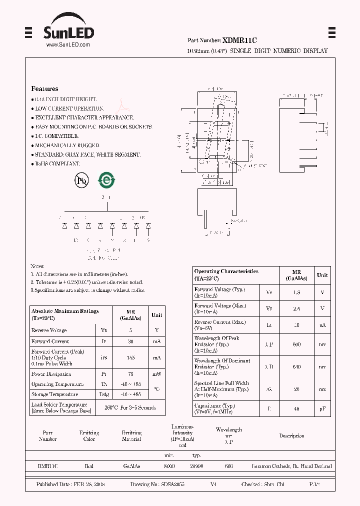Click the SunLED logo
pos(67,30)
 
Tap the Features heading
pos(44,88)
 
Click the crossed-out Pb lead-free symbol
pos(81,180)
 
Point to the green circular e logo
pos(106,180)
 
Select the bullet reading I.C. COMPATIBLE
pos(56,136)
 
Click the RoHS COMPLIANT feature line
pos(57,164)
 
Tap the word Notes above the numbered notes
pos(37,266)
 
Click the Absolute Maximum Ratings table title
pos(65,311)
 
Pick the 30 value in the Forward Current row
pos(131,341)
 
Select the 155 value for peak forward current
pos(131,358)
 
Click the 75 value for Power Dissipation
pos(131,374)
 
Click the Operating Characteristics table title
pos(226,271)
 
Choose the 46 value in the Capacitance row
pos(296,409)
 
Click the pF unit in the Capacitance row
pos(322,409)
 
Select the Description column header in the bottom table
pos(291,436)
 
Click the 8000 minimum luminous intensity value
pos(169,466)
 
